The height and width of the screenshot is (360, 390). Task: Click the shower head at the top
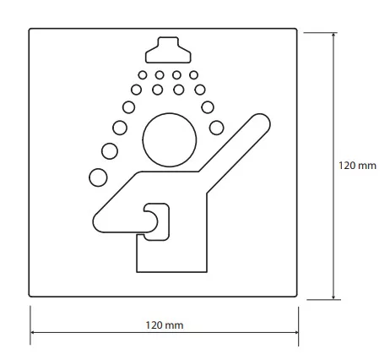168,50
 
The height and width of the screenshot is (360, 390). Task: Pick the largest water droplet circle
98,177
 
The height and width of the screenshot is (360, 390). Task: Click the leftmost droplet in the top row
143,75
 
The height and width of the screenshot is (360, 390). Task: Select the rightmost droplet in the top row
193,75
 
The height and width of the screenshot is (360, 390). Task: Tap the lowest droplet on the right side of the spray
216,128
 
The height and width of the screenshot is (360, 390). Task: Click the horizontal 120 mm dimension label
165,325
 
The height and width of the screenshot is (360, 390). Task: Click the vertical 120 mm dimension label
357,166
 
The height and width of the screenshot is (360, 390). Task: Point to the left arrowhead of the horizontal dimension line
32,332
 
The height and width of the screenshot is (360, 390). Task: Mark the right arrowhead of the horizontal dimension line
296,332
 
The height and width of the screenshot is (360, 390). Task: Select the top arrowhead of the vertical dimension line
333,35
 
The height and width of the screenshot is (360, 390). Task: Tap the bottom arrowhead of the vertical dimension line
333,297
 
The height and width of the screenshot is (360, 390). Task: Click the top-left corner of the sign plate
30,29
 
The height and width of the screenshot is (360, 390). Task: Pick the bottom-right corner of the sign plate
297,297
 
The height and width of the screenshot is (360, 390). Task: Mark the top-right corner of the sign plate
297,29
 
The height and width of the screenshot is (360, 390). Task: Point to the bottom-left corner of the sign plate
30,297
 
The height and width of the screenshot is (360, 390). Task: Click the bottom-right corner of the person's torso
207,272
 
